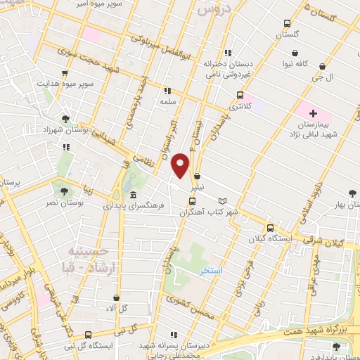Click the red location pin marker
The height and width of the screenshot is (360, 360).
[x=181, y=164]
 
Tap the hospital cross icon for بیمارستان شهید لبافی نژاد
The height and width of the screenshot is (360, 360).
[x=314, y=113]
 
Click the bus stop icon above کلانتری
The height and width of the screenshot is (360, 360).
[x=240, y=95]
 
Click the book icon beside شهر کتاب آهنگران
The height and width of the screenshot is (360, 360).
[x=224, y=200]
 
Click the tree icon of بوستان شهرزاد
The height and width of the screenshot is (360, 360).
[x=65, y=119]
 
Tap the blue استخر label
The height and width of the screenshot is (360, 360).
[x=210, y=271]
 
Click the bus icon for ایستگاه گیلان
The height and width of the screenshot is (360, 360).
[x=270, y=228]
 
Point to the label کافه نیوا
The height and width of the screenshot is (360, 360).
[x=297, y=64]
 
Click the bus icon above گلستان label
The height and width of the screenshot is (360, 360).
[x=287, y=23]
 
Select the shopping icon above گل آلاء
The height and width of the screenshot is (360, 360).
[x=115, y=298]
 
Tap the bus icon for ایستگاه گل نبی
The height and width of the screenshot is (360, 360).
[x=88, y=335]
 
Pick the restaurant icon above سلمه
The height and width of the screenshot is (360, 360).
[x=167, y=91]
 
